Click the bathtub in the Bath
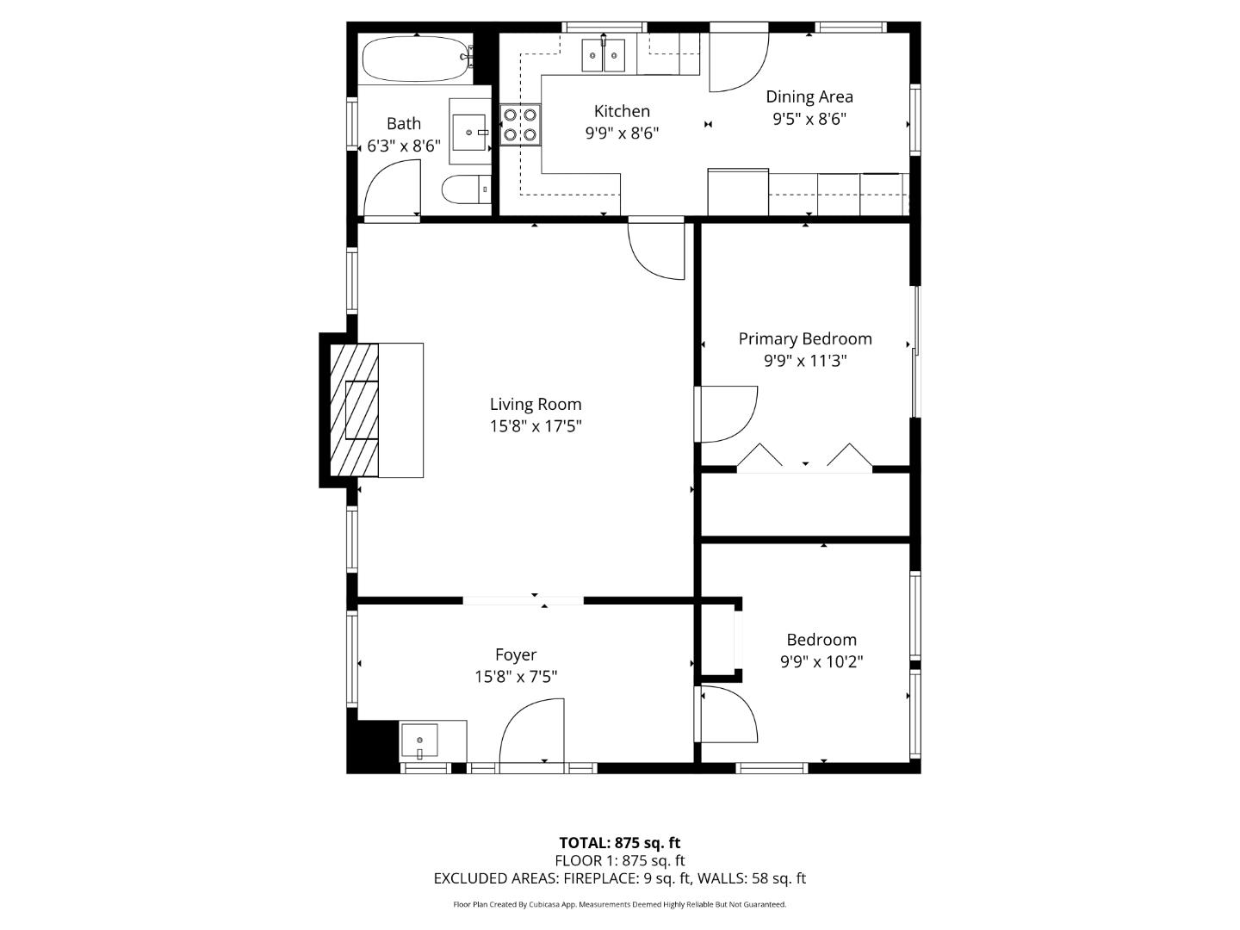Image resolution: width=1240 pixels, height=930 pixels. pyautogui.click(x=416, y=59)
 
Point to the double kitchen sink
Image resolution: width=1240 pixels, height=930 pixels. pyautogui.click(x=603, y=56)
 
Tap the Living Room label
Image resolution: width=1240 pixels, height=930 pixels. pyautogui.click(x=536, y=404)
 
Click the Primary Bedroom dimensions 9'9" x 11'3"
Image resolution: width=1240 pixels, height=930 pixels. pyautogui.click(x=805, y=361)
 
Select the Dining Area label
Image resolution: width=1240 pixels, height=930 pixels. pyautogui.click(x=809, y=96)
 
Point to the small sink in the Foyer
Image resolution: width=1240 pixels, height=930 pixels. pyautogui.click(x=420, y=741)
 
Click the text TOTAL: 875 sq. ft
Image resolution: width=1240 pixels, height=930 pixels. pyautogui.click(x=619, y=843)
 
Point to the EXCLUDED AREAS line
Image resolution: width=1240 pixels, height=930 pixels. pyautogui.click(x=619, y=878)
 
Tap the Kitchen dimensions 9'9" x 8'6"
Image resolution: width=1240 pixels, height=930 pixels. pyautogui.click(x=622, y=133)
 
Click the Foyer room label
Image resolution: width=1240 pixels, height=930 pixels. pyautogui.click(x=516, y=655)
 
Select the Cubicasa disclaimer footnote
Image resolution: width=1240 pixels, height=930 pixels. pyautogui.click(x=619, y=904)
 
